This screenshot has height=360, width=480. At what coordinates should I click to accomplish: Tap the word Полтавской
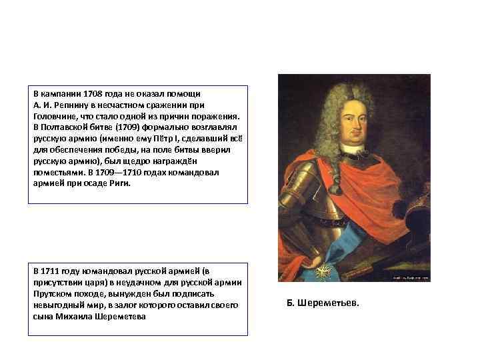click(x=61, y=127)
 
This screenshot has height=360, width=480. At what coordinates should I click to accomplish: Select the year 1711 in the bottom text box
click(x=50, y=271)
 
